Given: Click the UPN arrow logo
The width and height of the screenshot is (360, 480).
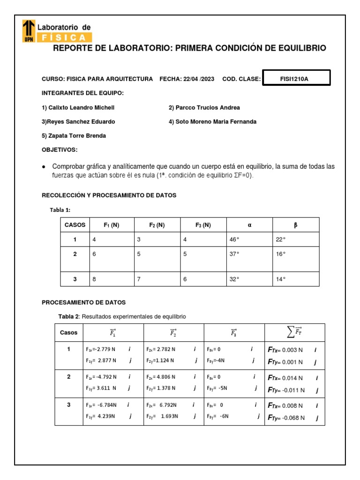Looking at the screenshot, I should coord(29,31).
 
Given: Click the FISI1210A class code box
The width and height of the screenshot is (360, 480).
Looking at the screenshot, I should coord(297,78).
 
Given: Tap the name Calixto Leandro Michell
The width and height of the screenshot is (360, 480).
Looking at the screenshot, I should coord(78,107).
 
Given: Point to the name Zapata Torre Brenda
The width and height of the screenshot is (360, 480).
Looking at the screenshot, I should coord(74,135).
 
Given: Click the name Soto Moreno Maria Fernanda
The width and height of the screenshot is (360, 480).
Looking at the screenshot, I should coord(212,121).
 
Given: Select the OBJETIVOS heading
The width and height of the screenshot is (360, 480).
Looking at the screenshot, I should coord(60,150).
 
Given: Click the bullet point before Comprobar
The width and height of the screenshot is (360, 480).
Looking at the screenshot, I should coord(44,167).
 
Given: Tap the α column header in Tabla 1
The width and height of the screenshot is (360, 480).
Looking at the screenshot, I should coord(249,225).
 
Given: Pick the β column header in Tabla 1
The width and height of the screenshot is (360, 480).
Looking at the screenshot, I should coord(295,225).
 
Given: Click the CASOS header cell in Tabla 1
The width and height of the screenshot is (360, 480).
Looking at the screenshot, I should coord(75,225).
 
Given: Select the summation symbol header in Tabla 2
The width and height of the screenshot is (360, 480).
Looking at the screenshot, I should coord(295,332).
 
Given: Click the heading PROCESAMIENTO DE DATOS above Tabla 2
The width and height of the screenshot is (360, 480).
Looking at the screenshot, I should coord(84,302).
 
